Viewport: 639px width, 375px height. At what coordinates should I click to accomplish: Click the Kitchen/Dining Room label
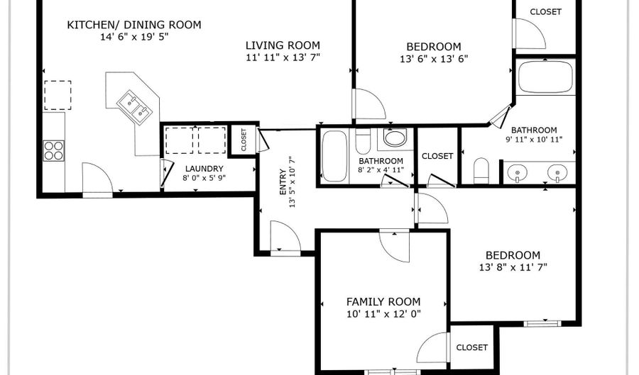(134, 25)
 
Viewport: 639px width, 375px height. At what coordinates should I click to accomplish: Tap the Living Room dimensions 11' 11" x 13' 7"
(283, 57)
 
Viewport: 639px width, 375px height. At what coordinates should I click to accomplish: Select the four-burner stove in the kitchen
(54, 150)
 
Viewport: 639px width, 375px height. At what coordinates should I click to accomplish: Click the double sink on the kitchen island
(134, 106)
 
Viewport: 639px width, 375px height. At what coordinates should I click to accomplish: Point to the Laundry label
(204, 169)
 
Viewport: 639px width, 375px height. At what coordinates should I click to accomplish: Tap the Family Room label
(383, 302)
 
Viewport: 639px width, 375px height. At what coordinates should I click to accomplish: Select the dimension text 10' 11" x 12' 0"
(383, 314)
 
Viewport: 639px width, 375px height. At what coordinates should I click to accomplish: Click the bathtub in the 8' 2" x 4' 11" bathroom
(334, 156)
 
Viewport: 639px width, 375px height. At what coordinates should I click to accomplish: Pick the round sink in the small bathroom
(395, 138)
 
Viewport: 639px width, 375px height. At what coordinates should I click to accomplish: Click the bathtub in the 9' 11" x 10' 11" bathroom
(545, 77)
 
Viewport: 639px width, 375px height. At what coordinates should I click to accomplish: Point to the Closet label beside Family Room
(472, 347)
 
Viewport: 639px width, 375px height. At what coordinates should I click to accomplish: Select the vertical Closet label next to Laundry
(244, 140)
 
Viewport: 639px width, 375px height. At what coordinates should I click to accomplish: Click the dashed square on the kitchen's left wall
(58, 95)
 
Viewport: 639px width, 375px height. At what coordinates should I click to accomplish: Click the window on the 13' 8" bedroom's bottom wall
(542, 324)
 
